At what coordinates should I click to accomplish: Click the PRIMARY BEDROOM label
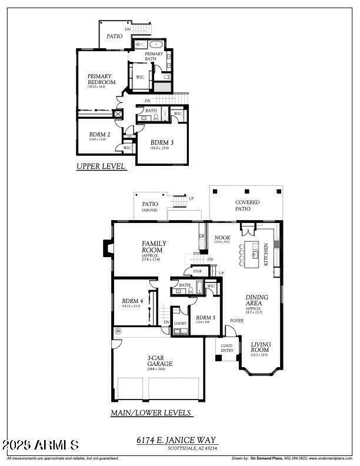tap(101, 79)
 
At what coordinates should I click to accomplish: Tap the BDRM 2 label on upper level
tap(99, 135)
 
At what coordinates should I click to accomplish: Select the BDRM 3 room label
tap(162, 142)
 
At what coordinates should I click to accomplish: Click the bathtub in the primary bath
tap(156, 44)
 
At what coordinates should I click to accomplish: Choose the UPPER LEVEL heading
tap(101, 167)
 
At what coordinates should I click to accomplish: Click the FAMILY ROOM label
tap(154, 247)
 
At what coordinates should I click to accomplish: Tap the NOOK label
tap(222, 237)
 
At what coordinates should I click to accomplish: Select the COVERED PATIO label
tap(247, 205)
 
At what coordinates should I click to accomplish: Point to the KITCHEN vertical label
tap(266, 254)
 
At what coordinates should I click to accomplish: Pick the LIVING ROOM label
tap(261, 348)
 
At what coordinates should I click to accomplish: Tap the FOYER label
tap(236, 321)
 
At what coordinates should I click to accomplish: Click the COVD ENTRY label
tap(227, 348)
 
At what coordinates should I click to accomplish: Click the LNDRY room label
tap(179, 323)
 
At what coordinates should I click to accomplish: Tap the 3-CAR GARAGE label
tap(160, 360)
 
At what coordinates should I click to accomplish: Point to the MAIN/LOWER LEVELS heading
tap(151, 413)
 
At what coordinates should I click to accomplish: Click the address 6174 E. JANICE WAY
tap(176, 440)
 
